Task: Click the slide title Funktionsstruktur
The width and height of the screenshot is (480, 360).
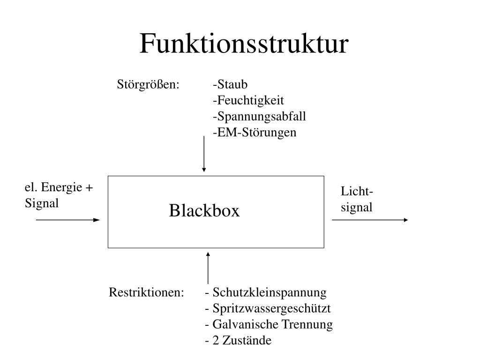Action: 244,44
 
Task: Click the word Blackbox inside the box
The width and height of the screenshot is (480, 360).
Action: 204,211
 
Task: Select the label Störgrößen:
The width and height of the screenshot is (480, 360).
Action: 148,85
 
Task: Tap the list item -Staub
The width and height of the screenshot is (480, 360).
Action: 230,85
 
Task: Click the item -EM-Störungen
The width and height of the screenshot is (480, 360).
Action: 255,133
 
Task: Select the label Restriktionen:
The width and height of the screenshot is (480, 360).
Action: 146,292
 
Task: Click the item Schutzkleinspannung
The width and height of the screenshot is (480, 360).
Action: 266,292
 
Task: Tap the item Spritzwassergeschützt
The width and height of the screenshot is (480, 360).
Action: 268,308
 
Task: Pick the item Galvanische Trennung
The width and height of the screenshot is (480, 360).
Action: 269,324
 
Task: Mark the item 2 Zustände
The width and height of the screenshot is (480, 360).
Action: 238,340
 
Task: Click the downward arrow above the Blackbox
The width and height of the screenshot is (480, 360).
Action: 204,155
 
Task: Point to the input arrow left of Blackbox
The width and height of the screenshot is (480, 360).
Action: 68,219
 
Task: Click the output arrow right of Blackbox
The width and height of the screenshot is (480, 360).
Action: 370,219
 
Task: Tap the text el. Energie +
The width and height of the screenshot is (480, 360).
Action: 59,187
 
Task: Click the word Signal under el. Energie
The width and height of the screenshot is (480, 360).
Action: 42,203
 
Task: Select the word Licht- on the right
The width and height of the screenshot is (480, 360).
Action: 357,192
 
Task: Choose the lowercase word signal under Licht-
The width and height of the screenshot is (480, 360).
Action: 356,207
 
